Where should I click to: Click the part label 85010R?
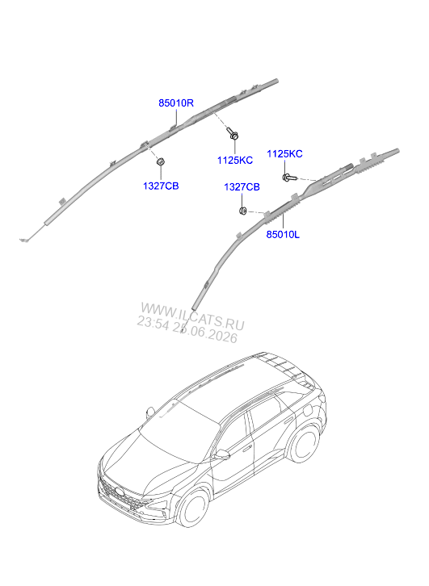(176, 103)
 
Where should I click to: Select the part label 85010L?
(283, 235)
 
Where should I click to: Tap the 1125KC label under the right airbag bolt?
(235, 161)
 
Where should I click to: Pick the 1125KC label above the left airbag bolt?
(284, 154)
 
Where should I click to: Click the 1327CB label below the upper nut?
(161, 186)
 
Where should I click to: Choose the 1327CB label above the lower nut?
(242, 187)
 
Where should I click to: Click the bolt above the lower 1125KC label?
(233, 133)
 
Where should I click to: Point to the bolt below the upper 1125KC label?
(289, 178)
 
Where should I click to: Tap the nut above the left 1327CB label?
(161, 161)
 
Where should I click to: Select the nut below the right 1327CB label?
(242, 211)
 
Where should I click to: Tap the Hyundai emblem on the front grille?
(120, 492)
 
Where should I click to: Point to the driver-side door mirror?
(222, 454)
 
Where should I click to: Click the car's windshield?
(179, 429)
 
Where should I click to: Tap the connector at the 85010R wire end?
(23, 240)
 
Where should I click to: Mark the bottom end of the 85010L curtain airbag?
(194, 308)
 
